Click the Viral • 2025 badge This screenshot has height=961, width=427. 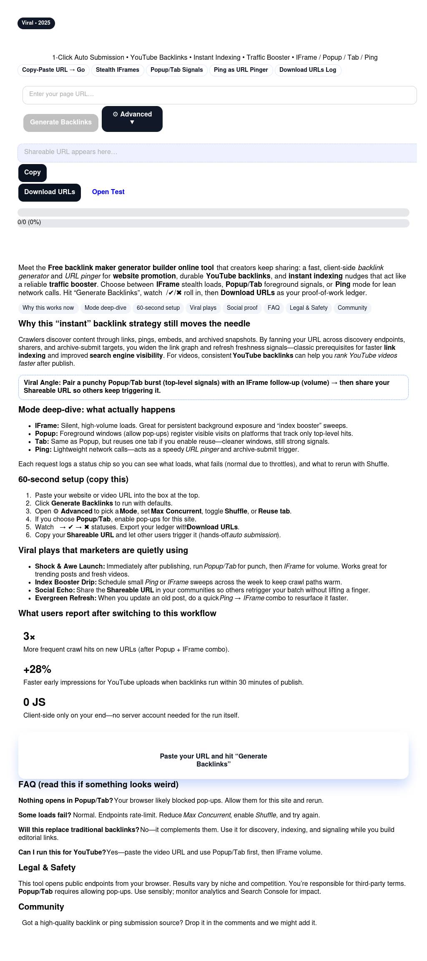tap(36, 23)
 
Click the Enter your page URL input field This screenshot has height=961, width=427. tap(219, 95)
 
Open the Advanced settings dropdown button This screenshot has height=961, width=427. tap(132, 119)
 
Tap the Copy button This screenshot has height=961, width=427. tap(32, 172)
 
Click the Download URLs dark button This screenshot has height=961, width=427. tap(49, 192)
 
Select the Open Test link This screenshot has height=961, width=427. tap(108, 192)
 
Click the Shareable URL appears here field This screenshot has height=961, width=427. tap(217, 152)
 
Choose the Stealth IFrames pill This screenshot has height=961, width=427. tap(118, 70)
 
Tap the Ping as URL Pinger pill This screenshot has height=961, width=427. tap(241, 70)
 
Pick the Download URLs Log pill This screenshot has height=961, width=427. tap(307, 70)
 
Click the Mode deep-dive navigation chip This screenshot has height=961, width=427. tap(105, 308)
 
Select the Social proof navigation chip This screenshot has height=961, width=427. tap(242, 308)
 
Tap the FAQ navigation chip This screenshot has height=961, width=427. tap(274, 308)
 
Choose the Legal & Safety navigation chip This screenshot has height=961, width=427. tap(308, 308)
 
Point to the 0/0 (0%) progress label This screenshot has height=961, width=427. tap(29, 223)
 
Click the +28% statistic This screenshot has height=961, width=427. tap(37, 670)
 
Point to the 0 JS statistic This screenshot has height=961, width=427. tap(34, 703)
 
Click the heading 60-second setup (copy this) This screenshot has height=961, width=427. tap(73, 479)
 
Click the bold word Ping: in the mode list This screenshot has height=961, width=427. tap(43, 450)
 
